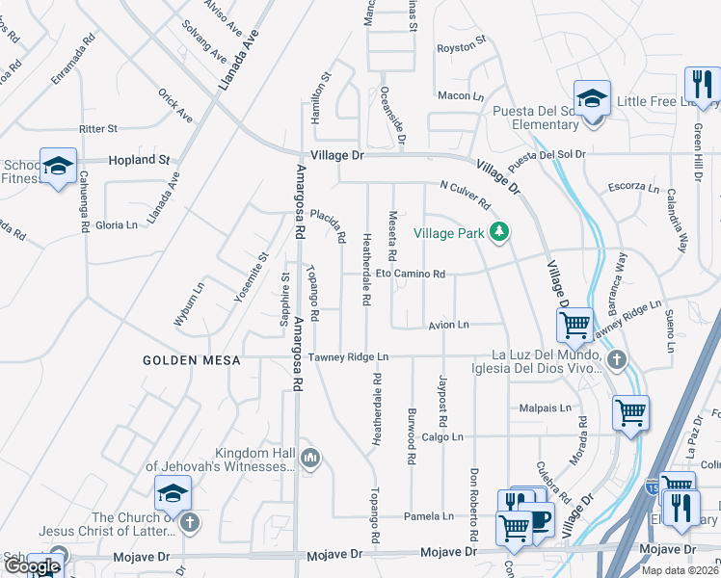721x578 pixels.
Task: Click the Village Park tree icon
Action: click(x=498, y=231)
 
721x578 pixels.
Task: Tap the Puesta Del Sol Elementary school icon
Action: click(x=592, y=97)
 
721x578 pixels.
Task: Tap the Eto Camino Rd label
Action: click(x=410, y=275)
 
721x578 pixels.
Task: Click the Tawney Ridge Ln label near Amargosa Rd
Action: click(x=349, y=356)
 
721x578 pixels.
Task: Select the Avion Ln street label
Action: click(x=448, y=326)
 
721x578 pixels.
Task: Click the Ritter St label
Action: click(x=98, y=128)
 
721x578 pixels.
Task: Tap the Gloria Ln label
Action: click(x=117, y=224)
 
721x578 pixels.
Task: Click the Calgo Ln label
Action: click(x=443, y=436)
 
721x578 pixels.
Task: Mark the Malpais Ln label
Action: click(x=538, y=407)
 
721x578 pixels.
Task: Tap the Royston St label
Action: click(x=459, y=46)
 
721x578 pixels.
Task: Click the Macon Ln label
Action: click(x=460, y=95)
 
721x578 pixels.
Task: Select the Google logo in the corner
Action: click(x=33, y=566)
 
